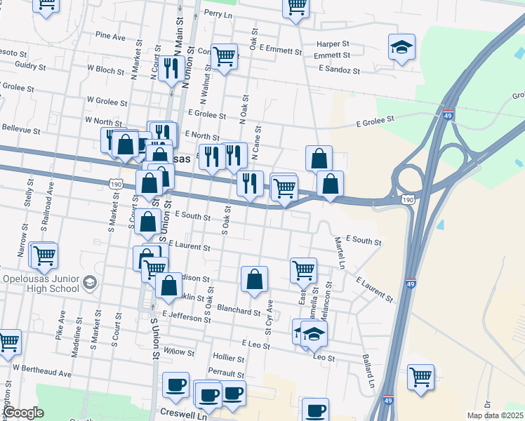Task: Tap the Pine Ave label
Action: click(x=110, y=35)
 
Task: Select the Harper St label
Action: click(x=333, y=44)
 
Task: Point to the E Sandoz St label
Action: click(x=339, y=70)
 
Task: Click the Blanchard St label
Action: click(x=239, y=310)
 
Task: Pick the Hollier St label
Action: click(x=228, y=357)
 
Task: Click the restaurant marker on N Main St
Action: click(x=171, y=68)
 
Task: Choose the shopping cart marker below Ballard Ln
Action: click(x=420, y=376)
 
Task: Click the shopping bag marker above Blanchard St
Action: click(x=255, y=279)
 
